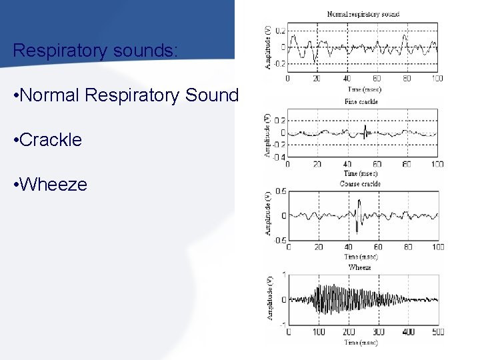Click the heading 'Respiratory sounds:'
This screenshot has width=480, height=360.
95,51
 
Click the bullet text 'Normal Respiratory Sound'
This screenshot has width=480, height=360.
126,96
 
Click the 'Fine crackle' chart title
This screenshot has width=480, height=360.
361,102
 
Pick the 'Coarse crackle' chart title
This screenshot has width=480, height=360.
361,183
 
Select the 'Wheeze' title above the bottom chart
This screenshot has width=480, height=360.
359,267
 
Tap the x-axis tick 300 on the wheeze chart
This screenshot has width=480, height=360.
378,332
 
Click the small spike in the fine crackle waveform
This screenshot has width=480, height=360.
365,129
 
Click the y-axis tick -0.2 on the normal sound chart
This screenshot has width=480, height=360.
280,64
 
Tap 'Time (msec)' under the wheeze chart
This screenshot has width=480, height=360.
360,342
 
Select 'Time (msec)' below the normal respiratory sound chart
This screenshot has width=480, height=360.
363,87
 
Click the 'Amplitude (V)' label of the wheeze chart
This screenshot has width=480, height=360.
270,299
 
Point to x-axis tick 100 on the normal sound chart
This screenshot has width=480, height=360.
437,79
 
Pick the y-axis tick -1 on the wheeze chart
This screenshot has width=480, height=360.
284,324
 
